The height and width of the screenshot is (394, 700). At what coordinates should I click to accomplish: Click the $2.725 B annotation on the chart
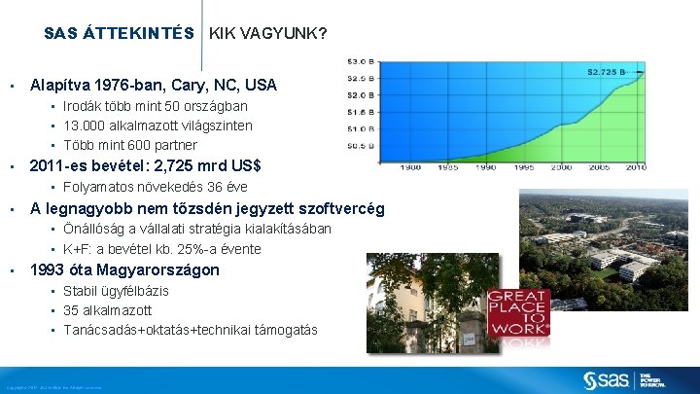(614, 71)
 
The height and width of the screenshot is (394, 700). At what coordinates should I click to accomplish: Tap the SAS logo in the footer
(607, 378)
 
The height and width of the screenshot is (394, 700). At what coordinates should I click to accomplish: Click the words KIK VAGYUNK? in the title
(268, 33)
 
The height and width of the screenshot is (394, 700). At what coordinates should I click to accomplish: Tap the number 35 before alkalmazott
(71, 310)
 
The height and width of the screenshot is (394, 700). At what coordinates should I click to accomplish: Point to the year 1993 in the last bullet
(50, 269)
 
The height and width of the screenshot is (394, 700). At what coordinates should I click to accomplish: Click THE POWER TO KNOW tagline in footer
(652, 379)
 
